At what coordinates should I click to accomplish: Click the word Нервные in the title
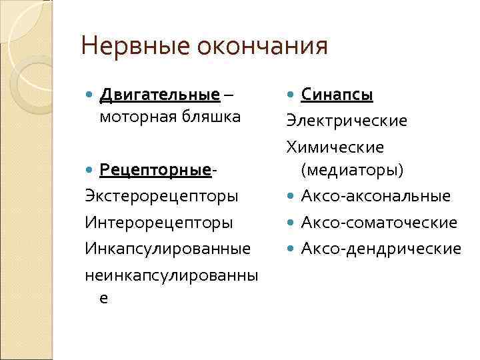pyautogui.click(x=134, y=47)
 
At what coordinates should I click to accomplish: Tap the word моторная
pyautogui.click(x=131, y=118)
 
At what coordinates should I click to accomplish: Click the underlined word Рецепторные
pyautogui.click(x=155, y=171)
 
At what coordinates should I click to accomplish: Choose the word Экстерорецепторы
pyautogui.click(x=162, y=197)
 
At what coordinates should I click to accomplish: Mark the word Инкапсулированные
pyautogui.click(x=168, y=248)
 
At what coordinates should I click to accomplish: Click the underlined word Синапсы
pyautogui.click(x=337, y=95)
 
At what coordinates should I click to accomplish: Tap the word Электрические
pyautogui.click(x=346, y=121)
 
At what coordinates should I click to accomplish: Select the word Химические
pyautogui.click(x=335, y=146)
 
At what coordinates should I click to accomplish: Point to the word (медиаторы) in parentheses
pyautogui.click(x=352, y=171)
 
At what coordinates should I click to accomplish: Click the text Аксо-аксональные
pyautogui.click(x=375, y=196)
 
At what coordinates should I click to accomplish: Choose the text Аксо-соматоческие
pyautogui.click(x=379, y=222)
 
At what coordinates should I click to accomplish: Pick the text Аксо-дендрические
pyautogui.click(x=381, y=248)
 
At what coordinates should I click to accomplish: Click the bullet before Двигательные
pyautogui.click(x=91, y=95)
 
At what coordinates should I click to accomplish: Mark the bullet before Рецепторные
pyautogui.click(x=91, y=172)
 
